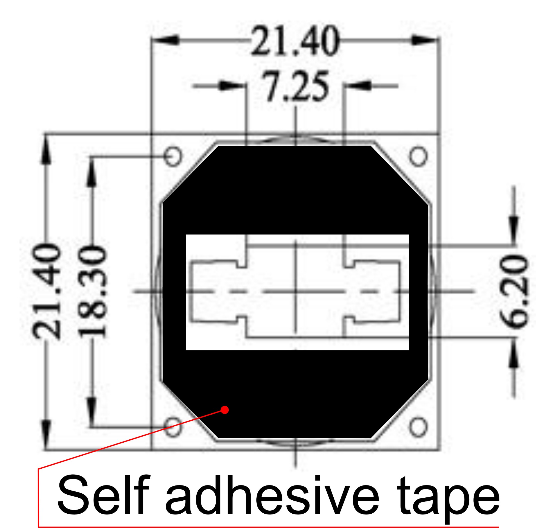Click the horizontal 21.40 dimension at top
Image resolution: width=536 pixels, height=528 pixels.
[x=295, y=41]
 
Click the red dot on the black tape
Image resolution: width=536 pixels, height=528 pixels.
[x=225, y=410]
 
